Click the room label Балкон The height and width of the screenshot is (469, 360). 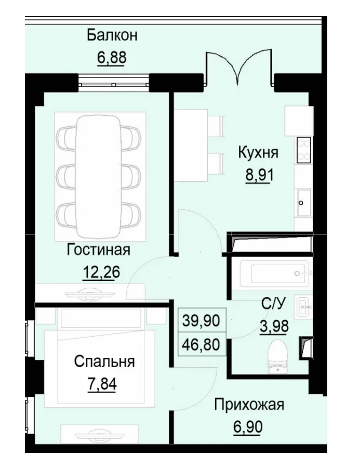[x=112, y=35]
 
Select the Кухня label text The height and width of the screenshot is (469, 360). [x=258, y=153]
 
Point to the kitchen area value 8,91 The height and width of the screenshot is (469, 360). [x=258, y=174]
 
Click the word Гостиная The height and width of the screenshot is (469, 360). [x=98, y=250]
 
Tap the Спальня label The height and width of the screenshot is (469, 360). [x=104, y=361]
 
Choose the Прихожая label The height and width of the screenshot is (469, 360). [x=249, y=405]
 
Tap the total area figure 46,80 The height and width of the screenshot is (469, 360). [x=201, y=344]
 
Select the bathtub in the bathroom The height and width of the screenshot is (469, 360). [x=271, y=272]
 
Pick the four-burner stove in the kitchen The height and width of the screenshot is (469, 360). [x=304, y=149]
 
